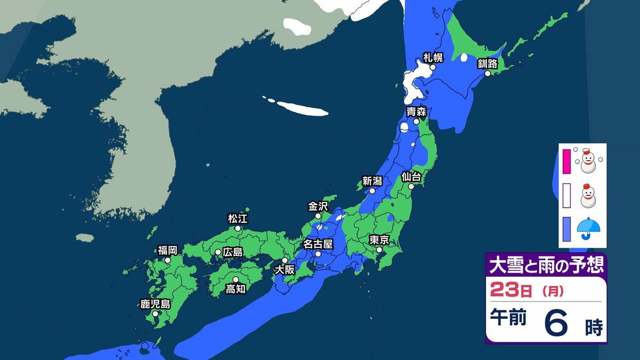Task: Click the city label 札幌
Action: (x=433, y=57)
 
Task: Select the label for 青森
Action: (x=416, y=111)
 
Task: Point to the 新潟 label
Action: (x=372, y=181)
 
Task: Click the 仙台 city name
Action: (x=411, y=177)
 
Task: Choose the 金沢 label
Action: (x=318, y=206)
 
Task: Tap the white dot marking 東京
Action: (x=379, y=250)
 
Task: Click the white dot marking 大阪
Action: (x=285, y=260)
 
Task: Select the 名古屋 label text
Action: (x=318, y=244)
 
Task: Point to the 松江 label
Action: (x=238, y=218)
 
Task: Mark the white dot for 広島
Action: (x=218, y=252)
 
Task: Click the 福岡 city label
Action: (x=167, y=250)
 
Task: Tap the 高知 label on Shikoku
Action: (x=235, y=289)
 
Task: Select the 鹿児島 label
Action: (x=155, y=305)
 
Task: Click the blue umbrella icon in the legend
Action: (x=588, y=228)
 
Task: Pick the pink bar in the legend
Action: (x=566, y=162)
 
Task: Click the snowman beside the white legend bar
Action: (x=587, y=196)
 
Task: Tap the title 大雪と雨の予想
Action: (x=546, y=265)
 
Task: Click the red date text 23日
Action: (x=510, y=292)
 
